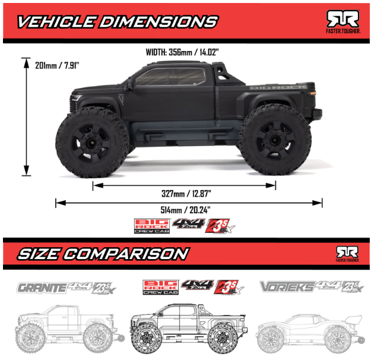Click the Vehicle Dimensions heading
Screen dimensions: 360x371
tap(116, 22)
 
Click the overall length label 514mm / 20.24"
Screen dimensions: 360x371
tap(188, 210)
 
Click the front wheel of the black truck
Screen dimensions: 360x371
tap(91, 142)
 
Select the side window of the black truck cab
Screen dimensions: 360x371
tap(168, 78)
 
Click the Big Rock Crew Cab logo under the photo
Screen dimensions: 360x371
tap(151, 226)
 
